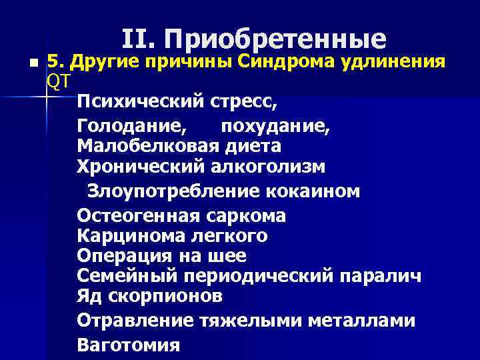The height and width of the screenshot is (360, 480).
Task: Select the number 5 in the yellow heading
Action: (53, 63)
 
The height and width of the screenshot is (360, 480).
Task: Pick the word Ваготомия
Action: (129, 345)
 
